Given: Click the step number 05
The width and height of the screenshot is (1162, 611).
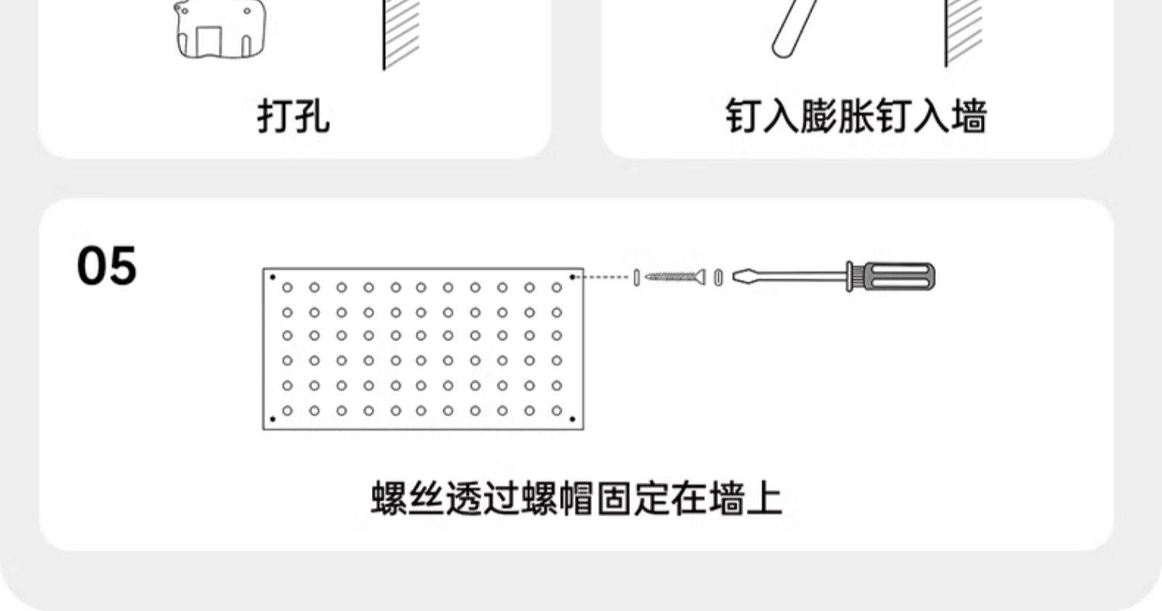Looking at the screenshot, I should [x=107, y=266].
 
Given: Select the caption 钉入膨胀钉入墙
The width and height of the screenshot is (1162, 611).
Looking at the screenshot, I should [x=857, y=118].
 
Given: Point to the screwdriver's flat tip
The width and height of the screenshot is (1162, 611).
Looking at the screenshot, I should [x=741, y=276].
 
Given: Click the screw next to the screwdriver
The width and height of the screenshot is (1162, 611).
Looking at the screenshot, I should [x=675, y=276].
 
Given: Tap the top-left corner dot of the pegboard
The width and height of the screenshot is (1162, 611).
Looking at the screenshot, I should [x=272, y=276].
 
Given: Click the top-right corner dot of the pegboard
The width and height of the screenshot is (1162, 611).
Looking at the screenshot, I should [x=572, y=276].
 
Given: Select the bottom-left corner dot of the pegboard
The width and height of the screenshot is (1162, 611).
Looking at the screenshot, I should [x=272, y=420].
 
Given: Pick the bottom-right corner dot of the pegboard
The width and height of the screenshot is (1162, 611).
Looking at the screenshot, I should [x=572, y=420].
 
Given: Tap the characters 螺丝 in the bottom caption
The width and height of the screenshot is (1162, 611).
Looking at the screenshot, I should [x=407, y=499].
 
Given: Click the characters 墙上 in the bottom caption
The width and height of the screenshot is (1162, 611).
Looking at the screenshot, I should [x=745, y=499].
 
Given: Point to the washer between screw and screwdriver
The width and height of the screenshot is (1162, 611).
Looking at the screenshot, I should [x=718, y=276].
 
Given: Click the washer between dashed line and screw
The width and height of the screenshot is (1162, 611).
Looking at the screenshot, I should [x=637, y=276].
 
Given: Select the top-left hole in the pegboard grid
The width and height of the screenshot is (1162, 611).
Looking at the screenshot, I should [x=287, y=288].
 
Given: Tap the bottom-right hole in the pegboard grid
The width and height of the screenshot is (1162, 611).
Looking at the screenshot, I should [x=557, y=410].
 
